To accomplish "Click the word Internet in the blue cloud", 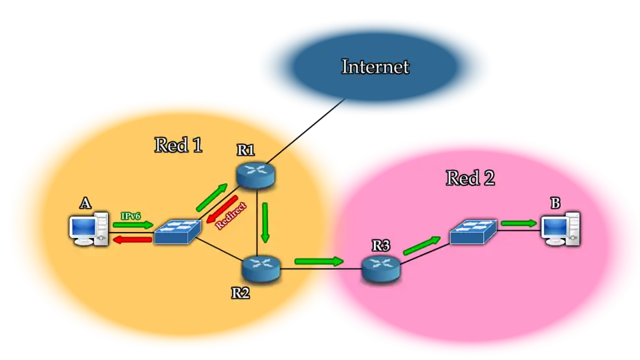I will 375,67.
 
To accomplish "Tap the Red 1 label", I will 178,145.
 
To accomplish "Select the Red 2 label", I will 470,178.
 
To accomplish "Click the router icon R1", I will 255,173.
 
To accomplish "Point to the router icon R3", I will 381,268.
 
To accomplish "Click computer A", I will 89,229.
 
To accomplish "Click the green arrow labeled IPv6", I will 133,225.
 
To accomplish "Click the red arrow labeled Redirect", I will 221,211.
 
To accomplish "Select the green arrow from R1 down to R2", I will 265,223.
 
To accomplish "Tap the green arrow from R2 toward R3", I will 319,261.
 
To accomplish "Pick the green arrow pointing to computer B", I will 519,223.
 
